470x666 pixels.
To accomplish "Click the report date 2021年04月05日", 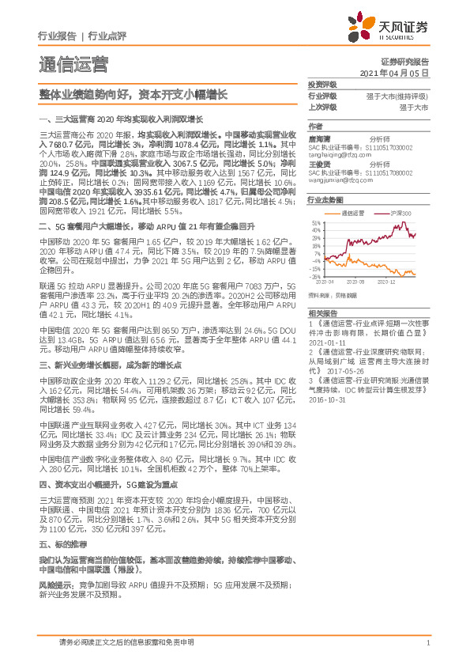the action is (x=400, y=72).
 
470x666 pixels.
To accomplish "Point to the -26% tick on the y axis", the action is (x=315, y=277).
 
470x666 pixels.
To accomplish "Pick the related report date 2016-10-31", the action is (x=331, y=399).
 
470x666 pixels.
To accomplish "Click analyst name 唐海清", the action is (x=319, y=137).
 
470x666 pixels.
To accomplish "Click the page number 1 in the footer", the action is (x=427, y=643).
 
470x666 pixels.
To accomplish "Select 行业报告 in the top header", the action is (x=57, y=36).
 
